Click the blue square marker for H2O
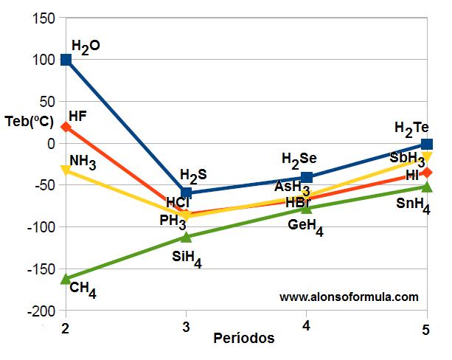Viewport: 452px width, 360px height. tap(66, 60)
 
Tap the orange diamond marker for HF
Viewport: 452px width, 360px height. tap(66, 127)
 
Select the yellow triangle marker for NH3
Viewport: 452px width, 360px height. tap(66, 170)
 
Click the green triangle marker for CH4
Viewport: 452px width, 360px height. tap(66, 278)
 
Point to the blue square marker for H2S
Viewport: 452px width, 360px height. tap(187, 193)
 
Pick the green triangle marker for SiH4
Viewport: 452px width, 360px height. tap(187, 236)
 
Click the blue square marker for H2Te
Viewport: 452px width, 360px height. tap(426, 144)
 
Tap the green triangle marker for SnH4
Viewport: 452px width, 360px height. tap(426, 187)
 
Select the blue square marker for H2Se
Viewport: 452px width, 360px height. tap(307, 178)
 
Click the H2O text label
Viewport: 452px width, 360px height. tap(86, 46)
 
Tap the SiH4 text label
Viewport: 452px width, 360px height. tap(187, 259)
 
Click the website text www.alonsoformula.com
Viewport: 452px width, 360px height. tap(349, 297)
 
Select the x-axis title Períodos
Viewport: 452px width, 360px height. tap(244, 339)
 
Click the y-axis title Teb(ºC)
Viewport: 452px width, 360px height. tap(29, 122)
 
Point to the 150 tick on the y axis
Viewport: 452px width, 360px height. tap(44, 18)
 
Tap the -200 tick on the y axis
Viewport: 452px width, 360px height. tap(41, 311)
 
